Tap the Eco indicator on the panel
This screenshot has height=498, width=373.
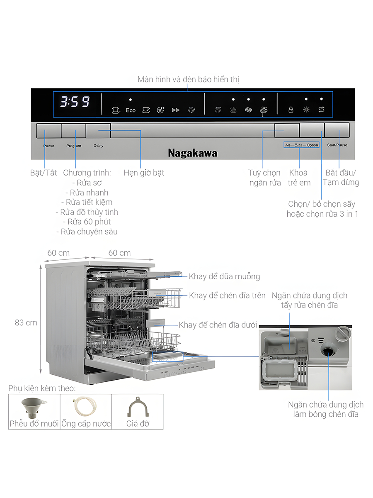click(131, 110)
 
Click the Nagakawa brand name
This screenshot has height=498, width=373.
click(192, 153)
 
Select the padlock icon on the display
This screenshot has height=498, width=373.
click(291, 110)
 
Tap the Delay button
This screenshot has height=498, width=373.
click(99, 131)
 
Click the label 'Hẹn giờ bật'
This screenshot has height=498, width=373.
click(144, 173)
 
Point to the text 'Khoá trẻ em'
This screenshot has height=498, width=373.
click(299, 178)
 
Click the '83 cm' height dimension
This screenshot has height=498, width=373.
click(26, 322)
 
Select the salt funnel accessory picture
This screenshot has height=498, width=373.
click(34, 407)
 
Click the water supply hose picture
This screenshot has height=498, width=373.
click(86, 407)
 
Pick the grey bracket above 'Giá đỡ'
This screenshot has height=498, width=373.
click(137, 407)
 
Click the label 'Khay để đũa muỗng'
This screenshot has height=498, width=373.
click(224, 276)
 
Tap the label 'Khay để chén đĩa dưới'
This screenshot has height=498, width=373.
click(218, 325)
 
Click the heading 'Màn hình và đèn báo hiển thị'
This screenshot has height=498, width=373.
click(188, 79)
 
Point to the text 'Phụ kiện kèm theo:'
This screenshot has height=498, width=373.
click(42, 388)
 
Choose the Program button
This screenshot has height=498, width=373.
click(73, 131)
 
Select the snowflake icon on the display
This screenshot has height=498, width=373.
click(306, 110)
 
